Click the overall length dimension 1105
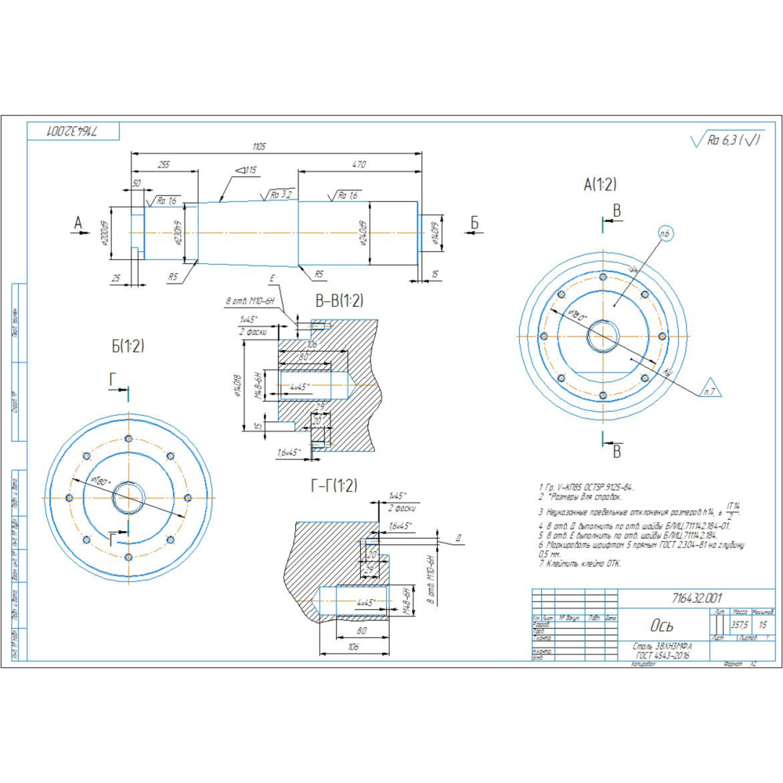tap(258, 146)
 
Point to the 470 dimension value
tap(359, 165)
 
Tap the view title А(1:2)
tap(600, 185)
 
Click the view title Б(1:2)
tap(128, 345)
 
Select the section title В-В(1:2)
tap(339, 301)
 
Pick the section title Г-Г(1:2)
tap(334, 486)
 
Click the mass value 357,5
tap(738, 625)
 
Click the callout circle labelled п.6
tap(666, 234)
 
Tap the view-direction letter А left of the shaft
tap(78, 224)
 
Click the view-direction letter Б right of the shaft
tap(474, 224)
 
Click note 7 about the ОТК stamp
tap(579, 563)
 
